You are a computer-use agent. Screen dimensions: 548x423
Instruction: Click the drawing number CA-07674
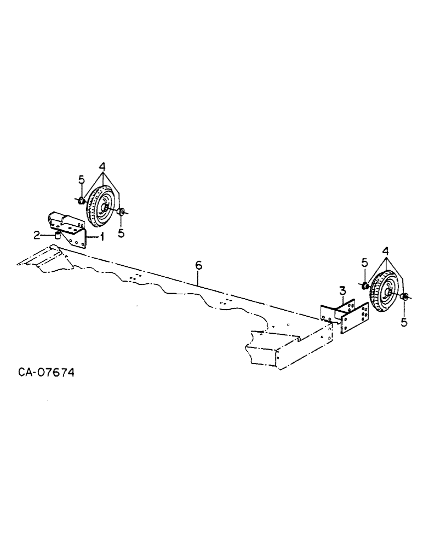(46, 373)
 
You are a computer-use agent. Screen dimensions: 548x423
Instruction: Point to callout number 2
(36, 235)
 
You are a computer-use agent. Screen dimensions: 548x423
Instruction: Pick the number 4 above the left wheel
(102, 166)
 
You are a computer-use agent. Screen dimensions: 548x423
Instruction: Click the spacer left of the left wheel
(81, 201)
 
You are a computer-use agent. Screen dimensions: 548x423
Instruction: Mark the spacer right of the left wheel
(122, 212)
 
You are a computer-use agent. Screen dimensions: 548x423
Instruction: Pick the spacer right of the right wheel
(404, 297)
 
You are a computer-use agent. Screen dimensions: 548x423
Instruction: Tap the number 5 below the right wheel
(404, 322)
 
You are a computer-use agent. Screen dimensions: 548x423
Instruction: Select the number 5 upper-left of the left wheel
(81, 179)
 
